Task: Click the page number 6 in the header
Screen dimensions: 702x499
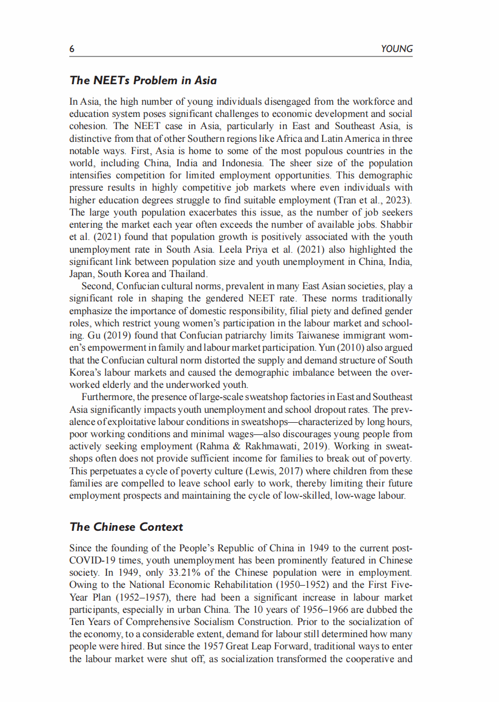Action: (x=72, y=49)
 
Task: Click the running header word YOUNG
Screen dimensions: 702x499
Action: (x=397, y=49)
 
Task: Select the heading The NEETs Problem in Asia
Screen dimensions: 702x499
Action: (x=143, y=80)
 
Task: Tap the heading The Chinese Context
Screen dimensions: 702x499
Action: (x=126, y=527)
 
